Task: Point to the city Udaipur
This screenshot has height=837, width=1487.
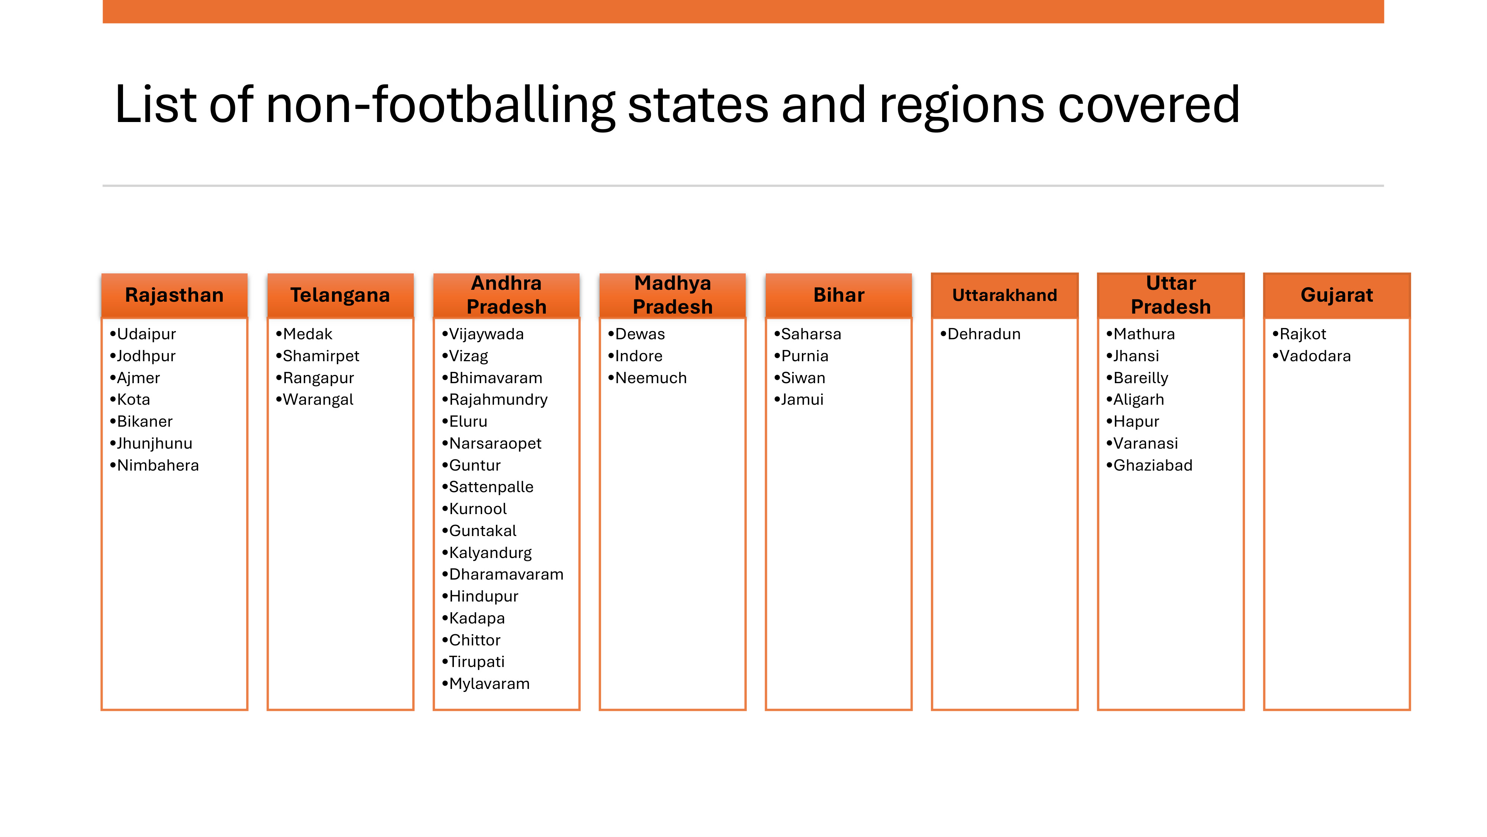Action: tap(146, 334)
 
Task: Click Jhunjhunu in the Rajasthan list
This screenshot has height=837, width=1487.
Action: tap(155, 444)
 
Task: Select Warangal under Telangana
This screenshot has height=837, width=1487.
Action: tap(318, 400)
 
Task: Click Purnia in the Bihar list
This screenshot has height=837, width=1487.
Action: tap(805, 356)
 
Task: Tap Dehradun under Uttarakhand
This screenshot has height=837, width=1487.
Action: tap(984, 334)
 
